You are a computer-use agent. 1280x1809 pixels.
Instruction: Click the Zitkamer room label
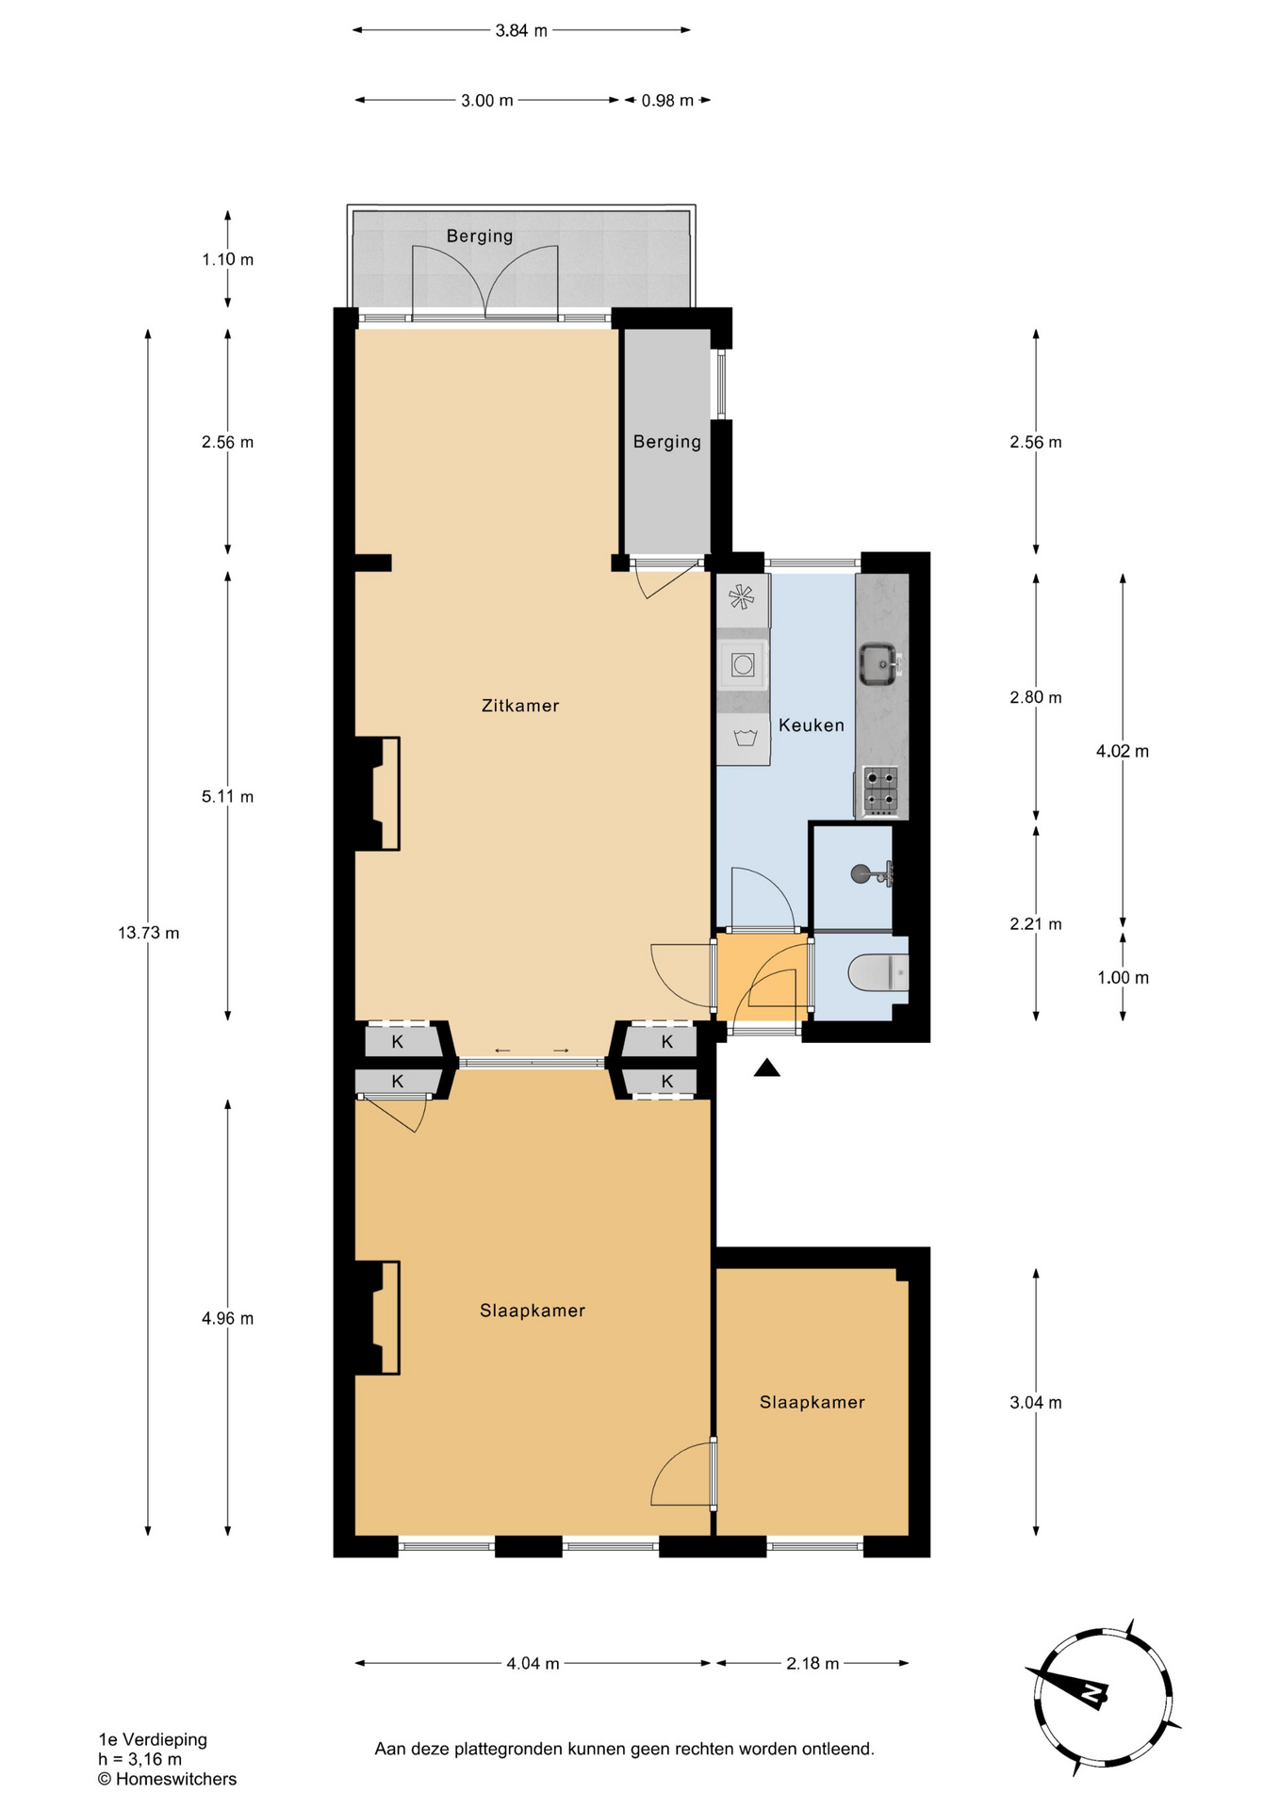click(x=520, y=706)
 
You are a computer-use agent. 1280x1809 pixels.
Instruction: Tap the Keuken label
click(x=811, y=725)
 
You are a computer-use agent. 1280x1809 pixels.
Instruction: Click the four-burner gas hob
click(x=881, y=790)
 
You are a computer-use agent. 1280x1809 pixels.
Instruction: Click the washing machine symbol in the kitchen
click(x=744, y=665)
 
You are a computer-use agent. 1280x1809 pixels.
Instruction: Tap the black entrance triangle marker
click(x=767, y=1067)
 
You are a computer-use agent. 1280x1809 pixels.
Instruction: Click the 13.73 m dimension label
click(x=148, y=933)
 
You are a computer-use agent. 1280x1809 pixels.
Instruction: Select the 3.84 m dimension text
click(x=521, y=30)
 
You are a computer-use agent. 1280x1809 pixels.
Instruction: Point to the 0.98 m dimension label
click(x=667, y=101)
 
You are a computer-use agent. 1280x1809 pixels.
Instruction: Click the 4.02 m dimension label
click(x=1123, y=751)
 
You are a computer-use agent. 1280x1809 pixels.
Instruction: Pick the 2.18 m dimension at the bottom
click(x=812, y=1664)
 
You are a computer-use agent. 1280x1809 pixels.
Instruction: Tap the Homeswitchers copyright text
click(x=167, y=1779)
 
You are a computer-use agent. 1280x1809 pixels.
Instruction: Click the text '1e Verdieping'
click(x=153, y=1739)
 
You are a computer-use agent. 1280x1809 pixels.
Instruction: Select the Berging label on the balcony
click(x=480, y=236)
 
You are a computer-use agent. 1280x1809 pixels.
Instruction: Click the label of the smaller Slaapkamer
click(x=812, y=1402)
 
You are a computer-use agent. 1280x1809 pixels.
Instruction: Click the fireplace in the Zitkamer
click(x=377, y=793)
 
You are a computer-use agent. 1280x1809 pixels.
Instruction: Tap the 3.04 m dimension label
click(x=1036, y=1402)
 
